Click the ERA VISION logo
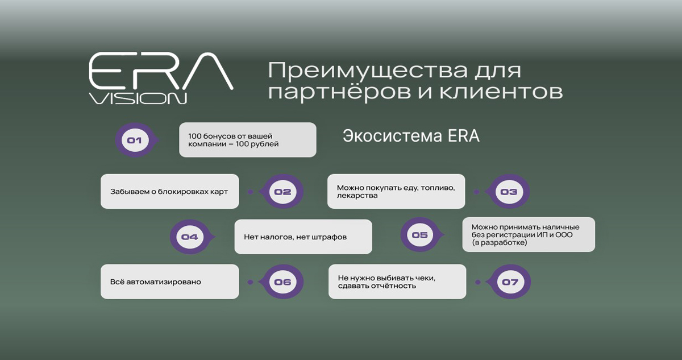(x=160, y=78)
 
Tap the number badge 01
(x=135, y=140)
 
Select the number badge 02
(x=282, y=192)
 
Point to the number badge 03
(x=509, y=192)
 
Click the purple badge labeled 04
(x=189, y=237)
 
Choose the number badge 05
(x=420, y=235)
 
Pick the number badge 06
(x=282, y=282)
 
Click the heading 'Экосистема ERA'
(x=411, y=137)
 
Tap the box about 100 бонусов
(x=247, y=140)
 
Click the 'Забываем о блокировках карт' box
(x=169, y=192)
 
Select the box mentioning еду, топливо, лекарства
(x=396, y=192)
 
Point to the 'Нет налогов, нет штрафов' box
(x=303, y=237)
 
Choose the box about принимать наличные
(x=529, y=234)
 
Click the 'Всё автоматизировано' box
(x=169, y=282)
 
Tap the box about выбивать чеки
(x=397, y=282)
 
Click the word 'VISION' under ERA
(x=138, y=98)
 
